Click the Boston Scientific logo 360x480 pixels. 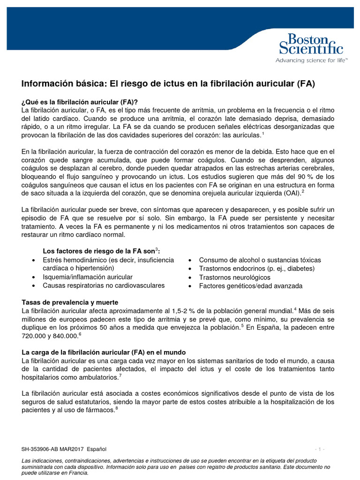(311, 44)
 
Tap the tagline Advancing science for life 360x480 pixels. (311, 60)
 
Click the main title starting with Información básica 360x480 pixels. (168, 84)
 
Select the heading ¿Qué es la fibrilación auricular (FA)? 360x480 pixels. (80, 102)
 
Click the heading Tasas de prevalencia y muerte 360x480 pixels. (70, 302)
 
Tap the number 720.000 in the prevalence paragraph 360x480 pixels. (35, 337)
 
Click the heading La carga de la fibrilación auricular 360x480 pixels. (104, 352)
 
